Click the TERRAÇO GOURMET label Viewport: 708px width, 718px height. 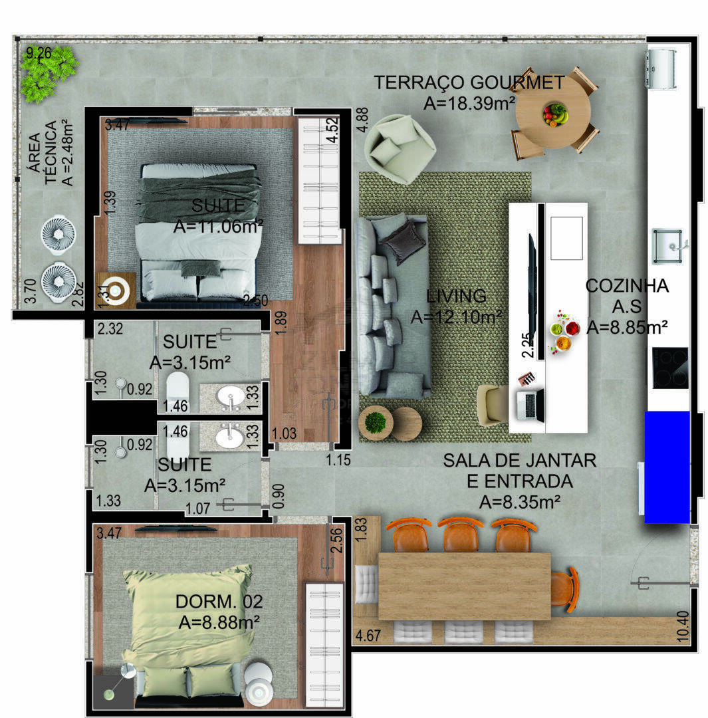469,82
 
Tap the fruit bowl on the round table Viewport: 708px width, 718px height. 555,114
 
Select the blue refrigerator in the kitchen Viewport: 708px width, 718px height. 667,467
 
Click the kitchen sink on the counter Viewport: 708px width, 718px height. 667,247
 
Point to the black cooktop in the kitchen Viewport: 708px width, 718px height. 670,368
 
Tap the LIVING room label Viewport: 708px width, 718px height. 456,296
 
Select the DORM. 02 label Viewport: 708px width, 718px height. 219,601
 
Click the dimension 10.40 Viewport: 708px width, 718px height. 682,626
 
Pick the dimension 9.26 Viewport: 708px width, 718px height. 39,53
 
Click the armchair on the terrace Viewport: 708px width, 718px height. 400,149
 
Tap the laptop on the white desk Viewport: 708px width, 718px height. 529,405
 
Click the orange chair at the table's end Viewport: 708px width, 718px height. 564,589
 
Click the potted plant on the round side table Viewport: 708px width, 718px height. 375,422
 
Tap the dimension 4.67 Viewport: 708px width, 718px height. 368,635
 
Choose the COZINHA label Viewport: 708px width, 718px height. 627,286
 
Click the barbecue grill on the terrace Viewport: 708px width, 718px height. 661,68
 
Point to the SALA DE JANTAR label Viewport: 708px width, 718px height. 519,460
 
